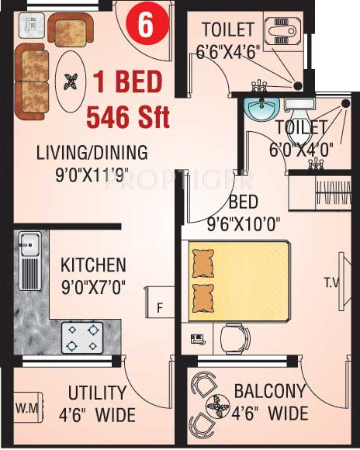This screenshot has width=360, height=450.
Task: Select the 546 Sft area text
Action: (x=128, y=118)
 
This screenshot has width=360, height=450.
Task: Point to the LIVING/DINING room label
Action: (x=92, y=152)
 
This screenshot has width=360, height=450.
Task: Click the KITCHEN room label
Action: (x=93, y=265)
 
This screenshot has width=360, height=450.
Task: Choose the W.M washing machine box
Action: (x=25, y=407)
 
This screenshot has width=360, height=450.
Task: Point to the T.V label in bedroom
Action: (x=331, y=283)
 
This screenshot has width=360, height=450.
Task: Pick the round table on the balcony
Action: (x=213, y=404)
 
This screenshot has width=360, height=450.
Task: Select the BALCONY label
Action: (x=269, y=390)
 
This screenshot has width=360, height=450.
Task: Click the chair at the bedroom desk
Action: (x=230, y=337)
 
